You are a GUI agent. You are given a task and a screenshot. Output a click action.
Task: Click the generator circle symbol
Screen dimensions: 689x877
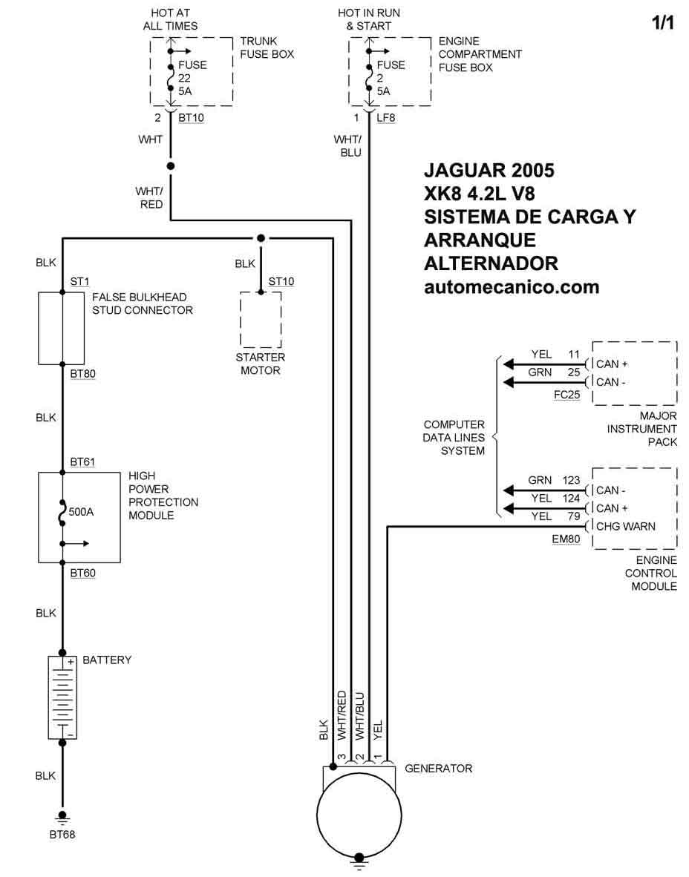(x=359, y=814)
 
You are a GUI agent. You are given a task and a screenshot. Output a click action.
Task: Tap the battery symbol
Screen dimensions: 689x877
(x=62, y=697)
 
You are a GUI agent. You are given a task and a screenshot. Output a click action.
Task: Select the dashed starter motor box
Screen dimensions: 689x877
(x=261, y=319)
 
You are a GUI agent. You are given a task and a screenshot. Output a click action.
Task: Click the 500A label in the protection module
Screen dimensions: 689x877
(x=81, y=512)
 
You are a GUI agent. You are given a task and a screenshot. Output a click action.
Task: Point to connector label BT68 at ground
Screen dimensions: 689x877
(x=62, y=835)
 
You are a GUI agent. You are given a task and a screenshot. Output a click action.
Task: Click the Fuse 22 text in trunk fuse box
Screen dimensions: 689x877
(x=192, y=78)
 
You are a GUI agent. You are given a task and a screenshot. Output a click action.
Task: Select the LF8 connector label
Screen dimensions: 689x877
(x=385, y=118)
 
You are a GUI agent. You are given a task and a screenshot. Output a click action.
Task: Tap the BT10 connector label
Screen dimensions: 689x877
(x=191, y=118)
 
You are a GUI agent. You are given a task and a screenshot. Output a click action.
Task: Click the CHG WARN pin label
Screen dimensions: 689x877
(x=625, y=526)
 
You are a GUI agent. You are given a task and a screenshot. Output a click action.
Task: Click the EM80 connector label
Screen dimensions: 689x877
(x=566, y=539)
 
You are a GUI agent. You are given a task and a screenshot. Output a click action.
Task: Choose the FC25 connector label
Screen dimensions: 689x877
(x=567, y=394)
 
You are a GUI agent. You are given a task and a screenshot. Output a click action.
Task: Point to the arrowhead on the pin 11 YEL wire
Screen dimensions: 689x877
(x=509, y=364)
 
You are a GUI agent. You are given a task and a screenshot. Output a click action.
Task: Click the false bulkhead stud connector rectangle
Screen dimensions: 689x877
(x=61, y=328)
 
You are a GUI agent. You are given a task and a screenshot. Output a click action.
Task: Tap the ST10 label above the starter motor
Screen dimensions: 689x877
(x=281, y=281)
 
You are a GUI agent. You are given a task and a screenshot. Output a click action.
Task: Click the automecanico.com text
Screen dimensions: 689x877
(x=512, y=287)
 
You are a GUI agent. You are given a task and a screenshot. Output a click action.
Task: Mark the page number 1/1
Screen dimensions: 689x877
(x=663, y=22)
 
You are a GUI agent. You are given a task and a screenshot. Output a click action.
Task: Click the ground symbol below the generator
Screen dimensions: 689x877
(x=359, y=864)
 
